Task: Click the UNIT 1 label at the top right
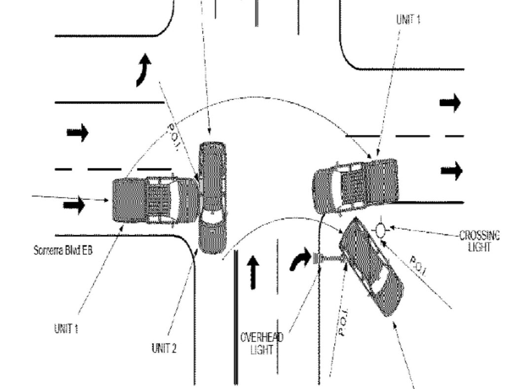coord(408,19)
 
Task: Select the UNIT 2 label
coord(164,348)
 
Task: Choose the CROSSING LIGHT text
coord(478,241)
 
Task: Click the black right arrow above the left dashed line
coord(77,132)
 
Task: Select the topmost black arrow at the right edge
coord(450,103)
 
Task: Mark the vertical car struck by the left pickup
coord(212,197)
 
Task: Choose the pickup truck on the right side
coord(356,185)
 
